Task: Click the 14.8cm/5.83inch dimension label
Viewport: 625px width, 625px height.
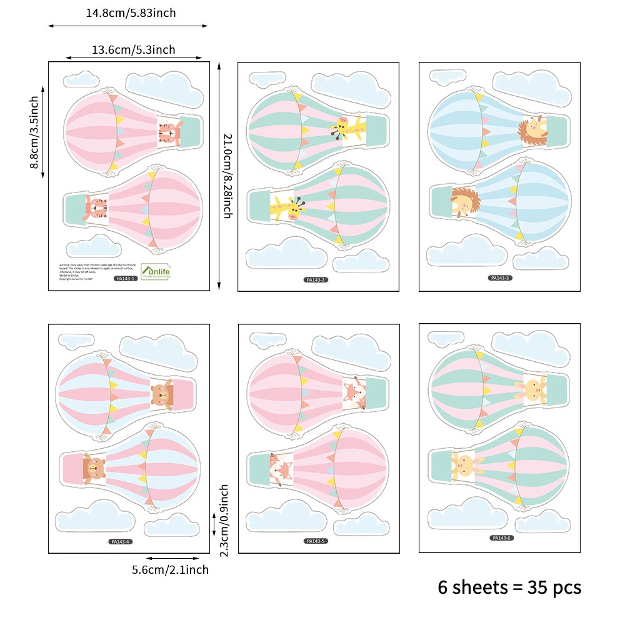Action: pyautogui.click(x=131, y=12)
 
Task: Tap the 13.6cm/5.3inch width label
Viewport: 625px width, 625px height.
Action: pyautogui.click(x=134, y=49)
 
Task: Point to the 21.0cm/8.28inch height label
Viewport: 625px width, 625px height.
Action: pyautogui.click(x=227, y=176)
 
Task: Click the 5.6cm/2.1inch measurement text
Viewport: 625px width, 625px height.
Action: pyautogui.click(x=170, y=569)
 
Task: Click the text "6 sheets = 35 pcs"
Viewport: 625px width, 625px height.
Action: pyautogui.click(x=509, y=587)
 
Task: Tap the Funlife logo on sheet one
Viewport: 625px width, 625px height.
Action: pyautogui.click(x=156, y=271)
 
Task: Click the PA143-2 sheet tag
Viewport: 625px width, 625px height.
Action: pyautogui.click(x=316, y=279)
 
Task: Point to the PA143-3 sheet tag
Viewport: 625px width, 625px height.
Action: pyautogui.click(x=500, y=277)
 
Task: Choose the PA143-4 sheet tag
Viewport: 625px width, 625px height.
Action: pyautogui.click(x=119, y=541)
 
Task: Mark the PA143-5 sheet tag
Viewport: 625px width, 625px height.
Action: pyautogui.click(x=316, y=541)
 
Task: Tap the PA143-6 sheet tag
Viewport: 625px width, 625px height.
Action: pyautogui.click(x=502, y=537)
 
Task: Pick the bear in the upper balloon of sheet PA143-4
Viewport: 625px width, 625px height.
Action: pyautogui.click(x=161, y=394)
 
